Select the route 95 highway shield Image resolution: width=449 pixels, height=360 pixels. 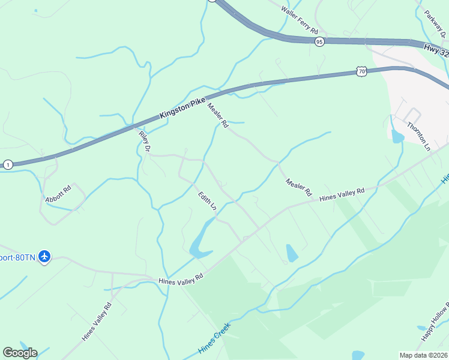tap(319, 41)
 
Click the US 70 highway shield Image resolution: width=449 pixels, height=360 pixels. tap(361, 71)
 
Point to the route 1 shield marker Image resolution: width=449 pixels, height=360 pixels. tap(8, 164)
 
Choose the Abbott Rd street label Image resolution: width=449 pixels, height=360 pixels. tap(58, 194)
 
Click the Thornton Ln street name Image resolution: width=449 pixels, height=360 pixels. tap(419, 136)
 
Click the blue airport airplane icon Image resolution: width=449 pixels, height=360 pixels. tap(44, 257)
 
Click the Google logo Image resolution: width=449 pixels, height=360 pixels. tap(20, 353)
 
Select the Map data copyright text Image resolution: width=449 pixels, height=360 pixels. tap(423, 355)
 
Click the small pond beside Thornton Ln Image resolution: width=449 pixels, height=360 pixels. tap(397, 137)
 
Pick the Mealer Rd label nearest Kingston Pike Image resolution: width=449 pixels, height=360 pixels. tap(218, 116)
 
